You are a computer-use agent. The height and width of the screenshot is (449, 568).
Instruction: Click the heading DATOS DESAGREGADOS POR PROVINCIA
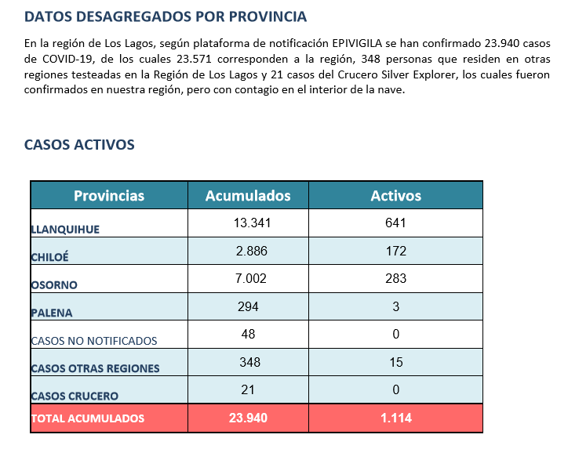[x=166, y=16]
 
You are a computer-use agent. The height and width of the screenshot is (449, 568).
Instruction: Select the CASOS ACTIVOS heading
[x=79, y=145]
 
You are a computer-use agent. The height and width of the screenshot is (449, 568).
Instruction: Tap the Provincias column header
[x=109, y=196]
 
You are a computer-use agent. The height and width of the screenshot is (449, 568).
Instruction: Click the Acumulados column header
[x=248, y=196]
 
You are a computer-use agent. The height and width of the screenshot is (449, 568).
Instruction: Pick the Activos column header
[x=396, y=196]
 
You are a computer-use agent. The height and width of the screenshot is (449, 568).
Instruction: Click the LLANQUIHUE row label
[x=65, y=230]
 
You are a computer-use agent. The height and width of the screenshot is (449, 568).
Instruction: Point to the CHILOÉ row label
[x=49, y=257]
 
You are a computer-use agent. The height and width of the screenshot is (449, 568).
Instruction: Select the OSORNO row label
[x=54, y=285]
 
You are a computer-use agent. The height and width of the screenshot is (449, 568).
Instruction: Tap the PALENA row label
[x=52, y=313]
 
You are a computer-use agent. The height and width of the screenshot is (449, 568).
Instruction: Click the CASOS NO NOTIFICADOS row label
[x=94, y=341]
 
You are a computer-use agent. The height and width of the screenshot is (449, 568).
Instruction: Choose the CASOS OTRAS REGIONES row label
[x=95, y=368]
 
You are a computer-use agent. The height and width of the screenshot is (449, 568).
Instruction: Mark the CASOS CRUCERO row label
[x=75, y=396]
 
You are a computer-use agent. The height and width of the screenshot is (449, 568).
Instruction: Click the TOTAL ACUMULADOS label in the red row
[x=88, y=418]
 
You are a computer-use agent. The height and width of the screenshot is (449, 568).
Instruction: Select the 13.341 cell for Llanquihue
[x=252, y=223]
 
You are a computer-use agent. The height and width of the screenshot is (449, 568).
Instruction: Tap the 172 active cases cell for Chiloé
[x=396, y=251]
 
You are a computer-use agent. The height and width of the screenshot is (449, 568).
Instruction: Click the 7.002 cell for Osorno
[x=251, y=279]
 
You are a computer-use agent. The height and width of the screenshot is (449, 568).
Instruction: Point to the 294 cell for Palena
[x=248, y=307]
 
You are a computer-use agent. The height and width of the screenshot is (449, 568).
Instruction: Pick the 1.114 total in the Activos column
[x=396, y=418]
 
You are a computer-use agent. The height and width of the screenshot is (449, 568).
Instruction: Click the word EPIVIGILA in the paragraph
[x=357, y=43]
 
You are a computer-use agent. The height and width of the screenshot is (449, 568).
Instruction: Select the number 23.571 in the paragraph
[x=194, y=59]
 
